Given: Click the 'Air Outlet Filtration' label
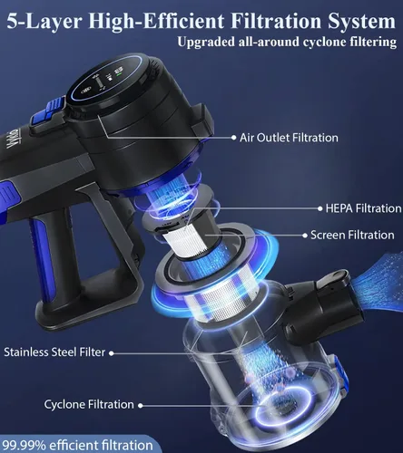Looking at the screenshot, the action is (289, 138).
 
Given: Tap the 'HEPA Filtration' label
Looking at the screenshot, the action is (363, 208).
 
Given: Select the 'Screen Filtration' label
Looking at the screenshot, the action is (352, 235).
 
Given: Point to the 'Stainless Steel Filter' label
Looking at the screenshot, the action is (54, 352).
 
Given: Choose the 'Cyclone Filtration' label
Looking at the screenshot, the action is (89, 404).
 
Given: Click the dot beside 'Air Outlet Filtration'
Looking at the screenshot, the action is (233, 138).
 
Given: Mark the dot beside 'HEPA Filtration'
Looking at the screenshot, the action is (319, 208).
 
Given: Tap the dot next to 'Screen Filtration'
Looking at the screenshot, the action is (305, 236).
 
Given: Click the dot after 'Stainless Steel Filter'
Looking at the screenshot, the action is (112, 353).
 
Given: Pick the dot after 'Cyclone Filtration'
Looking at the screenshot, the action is (141, 406).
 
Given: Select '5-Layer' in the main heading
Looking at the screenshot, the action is (44, 21).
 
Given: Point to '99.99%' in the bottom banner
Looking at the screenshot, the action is (25, 446).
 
